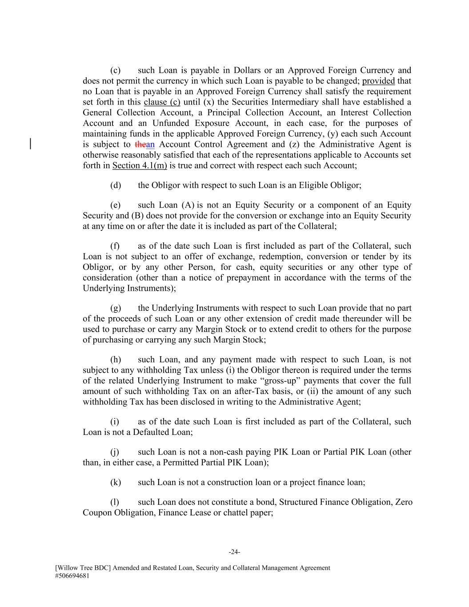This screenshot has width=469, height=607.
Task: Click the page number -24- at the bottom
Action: click(x=234, y=552)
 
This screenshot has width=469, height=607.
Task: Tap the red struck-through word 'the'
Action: click(x=140, y=145)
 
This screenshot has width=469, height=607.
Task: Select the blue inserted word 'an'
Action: click(x=150, y=145)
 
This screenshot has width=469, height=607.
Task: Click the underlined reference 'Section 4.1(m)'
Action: click(x=140, y=165)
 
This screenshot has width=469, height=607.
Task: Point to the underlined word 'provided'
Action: click(x=378, y=81)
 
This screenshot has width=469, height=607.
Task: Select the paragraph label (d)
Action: click(x=116, y=185)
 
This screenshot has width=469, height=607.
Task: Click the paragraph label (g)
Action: click(x=116, y=308)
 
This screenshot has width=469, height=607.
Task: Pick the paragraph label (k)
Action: click(x=116, y=482)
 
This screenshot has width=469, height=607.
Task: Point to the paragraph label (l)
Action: click(x=115, y=502)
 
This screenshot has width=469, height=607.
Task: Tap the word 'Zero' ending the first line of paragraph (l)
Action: click(x=404, y=502)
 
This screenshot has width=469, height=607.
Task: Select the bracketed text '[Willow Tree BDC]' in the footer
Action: click(x=83, y=568)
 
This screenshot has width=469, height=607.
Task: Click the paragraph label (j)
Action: click(x=115, y=452)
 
